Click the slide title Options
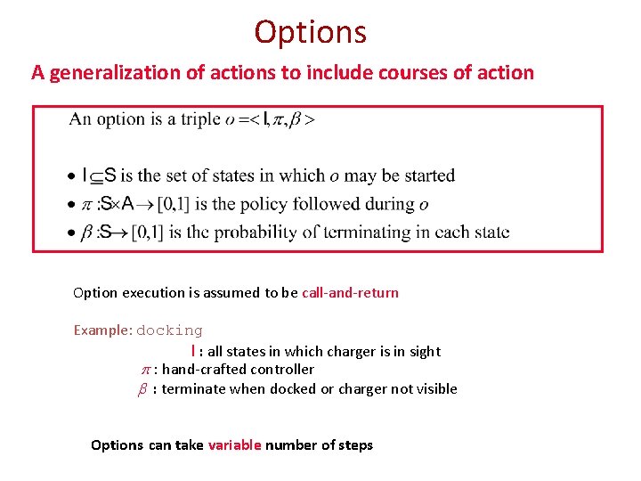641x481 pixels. click(x=310, y=32)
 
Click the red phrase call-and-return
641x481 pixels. click(x=350, y=292)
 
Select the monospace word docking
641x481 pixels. click(x=169, y=330)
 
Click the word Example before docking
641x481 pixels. click(x=102, y=330)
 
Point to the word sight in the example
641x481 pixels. click(x=424, y=352)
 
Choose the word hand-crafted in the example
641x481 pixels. click(x=205, y=369)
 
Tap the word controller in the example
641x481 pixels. click(x=282, y=369)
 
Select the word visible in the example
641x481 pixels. click(x=434, y=388)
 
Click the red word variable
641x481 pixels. click(x=234, y=444)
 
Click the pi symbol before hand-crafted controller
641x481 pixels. click(x=147, y=370)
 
